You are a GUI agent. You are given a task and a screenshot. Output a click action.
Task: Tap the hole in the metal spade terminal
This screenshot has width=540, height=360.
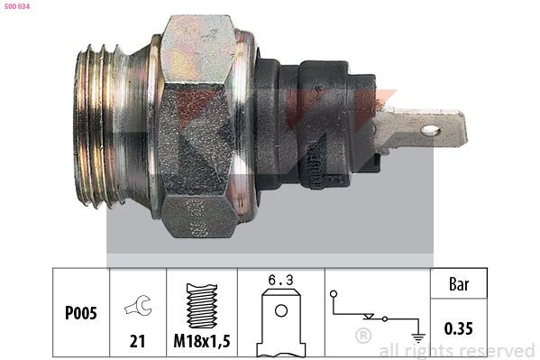[x=431, y=131]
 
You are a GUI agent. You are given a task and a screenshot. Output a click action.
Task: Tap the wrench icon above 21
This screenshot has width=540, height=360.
[x=138, y=308]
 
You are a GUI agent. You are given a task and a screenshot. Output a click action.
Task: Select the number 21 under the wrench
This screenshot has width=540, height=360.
[x=138, y=341]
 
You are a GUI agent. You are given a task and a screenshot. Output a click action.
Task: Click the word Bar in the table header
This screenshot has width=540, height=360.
[x=460, y=285]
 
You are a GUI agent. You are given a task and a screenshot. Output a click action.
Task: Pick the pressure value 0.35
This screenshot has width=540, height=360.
[x=460, y=328]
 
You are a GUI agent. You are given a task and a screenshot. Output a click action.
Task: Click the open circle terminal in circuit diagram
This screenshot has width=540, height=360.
[x=334, y=294]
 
